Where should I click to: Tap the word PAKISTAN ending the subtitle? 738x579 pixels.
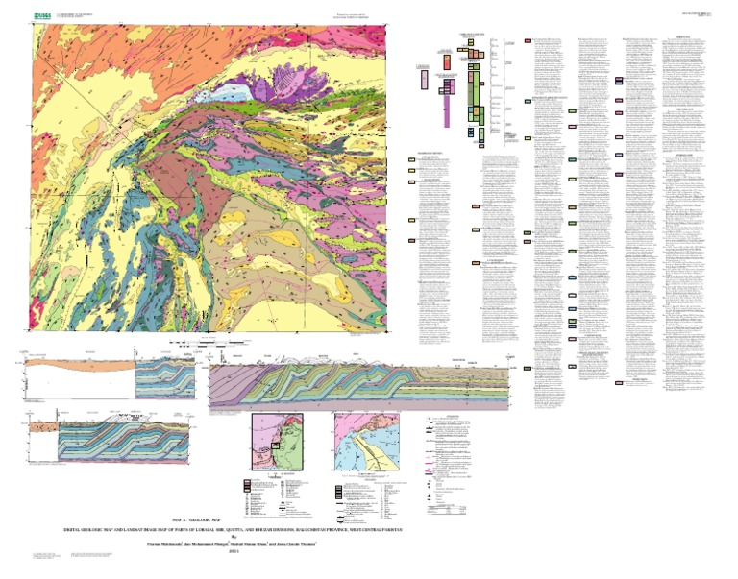pyautogui.click(x=387, y=529)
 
